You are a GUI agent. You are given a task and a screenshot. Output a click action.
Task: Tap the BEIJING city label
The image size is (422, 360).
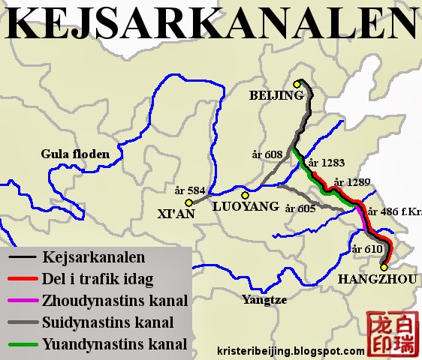[276, 95]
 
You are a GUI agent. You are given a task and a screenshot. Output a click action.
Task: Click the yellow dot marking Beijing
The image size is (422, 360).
[297, 84]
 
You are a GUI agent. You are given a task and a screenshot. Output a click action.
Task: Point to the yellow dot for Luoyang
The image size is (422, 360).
[245, 195]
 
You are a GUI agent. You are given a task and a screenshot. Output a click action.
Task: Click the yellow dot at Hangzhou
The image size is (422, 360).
[384, 265]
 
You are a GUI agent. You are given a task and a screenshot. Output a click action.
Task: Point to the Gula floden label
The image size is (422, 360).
[75, 154]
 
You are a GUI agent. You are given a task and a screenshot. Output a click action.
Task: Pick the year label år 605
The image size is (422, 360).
[300, 208]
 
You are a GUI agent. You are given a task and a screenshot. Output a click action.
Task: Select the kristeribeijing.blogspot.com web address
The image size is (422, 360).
[289, 350]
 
